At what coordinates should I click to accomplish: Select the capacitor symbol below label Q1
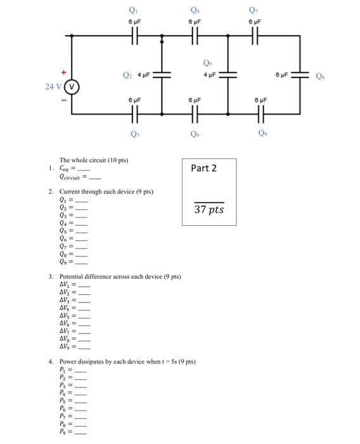click(x=134, y=36)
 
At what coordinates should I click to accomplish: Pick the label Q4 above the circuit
click(x=194, y=10)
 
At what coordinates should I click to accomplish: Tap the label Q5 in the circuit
click(x=207, y=63)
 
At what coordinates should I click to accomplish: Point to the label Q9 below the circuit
click(x=261, y=134)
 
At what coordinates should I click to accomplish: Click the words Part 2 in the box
click(x=203, y=168)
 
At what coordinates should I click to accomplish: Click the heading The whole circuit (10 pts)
click(x=94, y=160)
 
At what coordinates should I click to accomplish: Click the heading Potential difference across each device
click(x=120, y=277)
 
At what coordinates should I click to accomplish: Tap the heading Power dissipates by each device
click(x=127, y=362)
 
